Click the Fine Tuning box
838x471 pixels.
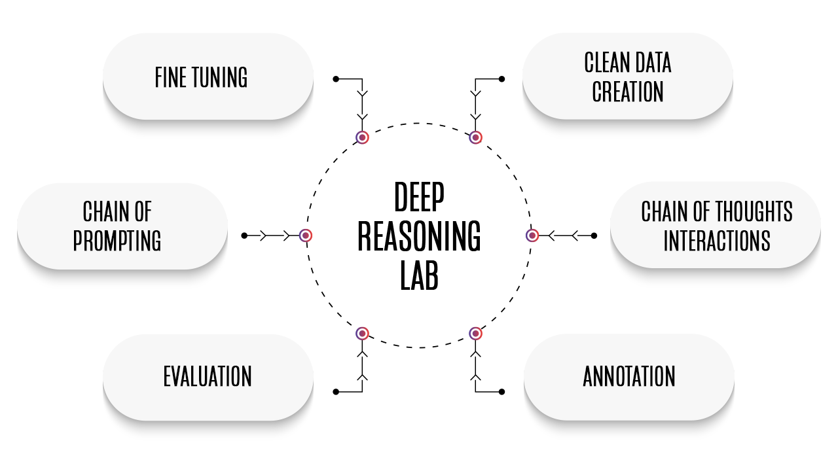tap(208, 76)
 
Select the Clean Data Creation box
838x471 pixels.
tap(627, 76)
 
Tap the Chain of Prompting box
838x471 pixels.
tap(122, 225)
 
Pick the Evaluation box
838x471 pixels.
tap(208, 376)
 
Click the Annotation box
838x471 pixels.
tap(628, 376)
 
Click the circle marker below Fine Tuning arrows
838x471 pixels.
tap(362, 137)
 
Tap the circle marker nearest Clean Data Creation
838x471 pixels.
tap(476, 137)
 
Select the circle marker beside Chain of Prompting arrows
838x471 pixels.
tap(306, 235)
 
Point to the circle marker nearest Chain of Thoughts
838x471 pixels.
tap(532, 235)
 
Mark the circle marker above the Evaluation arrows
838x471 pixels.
tap(362, 334)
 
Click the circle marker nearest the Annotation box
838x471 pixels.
tap(476, 334)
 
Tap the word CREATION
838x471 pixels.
tap(628, 92)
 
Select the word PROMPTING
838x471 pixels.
tap(117, 241)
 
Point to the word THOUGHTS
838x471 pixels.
tap(754, 212)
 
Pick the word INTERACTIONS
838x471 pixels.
tap(716, 241)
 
